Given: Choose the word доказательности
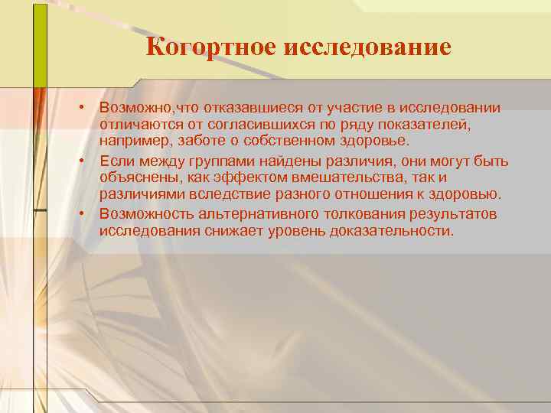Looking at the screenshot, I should [395, 229].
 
